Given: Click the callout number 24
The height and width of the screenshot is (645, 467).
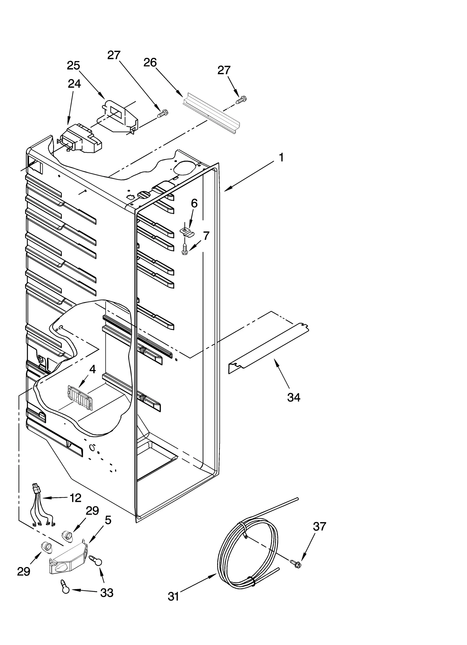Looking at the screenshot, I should point(74,84).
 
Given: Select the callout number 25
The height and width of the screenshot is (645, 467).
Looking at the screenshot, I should point(73,65).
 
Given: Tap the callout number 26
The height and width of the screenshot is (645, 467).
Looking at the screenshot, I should point(150,62).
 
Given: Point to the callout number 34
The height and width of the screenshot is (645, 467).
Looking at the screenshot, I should point(294,397).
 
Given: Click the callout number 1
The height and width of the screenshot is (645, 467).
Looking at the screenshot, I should point(281,158).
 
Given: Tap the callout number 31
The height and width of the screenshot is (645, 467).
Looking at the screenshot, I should point(173,597).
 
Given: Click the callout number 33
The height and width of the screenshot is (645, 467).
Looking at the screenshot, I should point(107,593).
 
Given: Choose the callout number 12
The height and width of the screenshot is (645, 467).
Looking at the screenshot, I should point(75,498).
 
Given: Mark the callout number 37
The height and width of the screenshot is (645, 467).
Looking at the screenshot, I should point(319,526).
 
